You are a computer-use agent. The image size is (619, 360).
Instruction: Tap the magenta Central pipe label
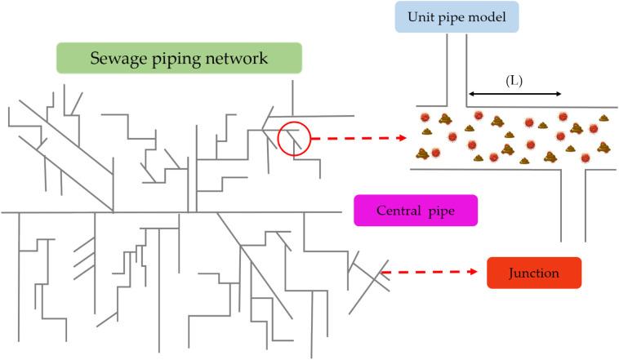pyautogui.click(x=415, y=211)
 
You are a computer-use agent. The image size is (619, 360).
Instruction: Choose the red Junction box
pyautogui.click(x=533, y=273)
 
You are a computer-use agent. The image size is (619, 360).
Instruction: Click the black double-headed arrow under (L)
pyautogui.click(x=514, y=95)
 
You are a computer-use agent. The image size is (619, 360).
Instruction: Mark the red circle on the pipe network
pyautogui.click(x=293, y=139)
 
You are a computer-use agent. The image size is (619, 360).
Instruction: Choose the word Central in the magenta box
pyautogui.click(x=399, y=211)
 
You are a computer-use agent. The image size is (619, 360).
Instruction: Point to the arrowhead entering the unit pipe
pyautogui.click(x=401, y=138)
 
